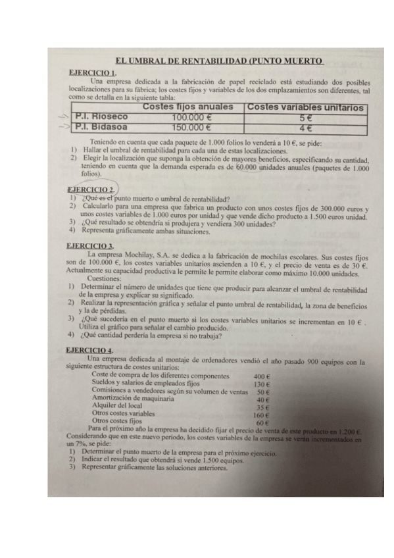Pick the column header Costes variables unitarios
click(x=305, y=107)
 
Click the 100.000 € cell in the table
click(x=187, y=117)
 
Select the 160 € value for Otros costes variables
click(x=262, y=415)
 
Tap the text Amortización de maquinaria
click(x=133, y=399)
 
